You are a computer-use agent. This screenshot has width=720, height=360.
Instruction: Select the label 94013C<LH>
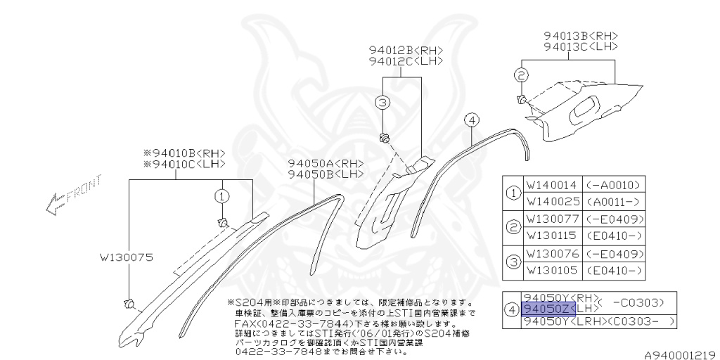tap(580, 46)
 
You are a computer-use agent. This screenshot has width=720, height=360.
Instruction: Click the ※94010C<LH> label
tap(184, 163)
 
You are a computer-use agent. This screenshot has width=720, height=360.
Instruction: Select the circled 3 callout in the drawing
tap(382, 103)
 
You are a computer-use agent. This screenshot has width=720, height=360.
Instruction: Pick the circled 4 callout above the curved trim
tap(472, 120)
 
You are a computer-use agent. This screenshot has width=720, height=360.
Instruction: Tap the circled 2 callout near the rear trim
tap(520, 75)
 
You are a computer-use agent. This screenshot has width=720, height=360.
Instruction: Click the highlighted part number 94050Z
tap(548, 309)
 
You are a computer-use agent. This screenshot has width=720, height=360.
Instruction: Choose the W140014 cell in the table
tap(551, 185)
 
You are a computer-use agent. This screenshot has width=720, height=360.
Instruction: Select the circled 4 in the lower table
tap(512, 309)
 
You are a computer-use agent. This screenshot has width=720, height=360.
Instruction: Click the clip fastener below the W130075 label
tap(129, 303)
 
